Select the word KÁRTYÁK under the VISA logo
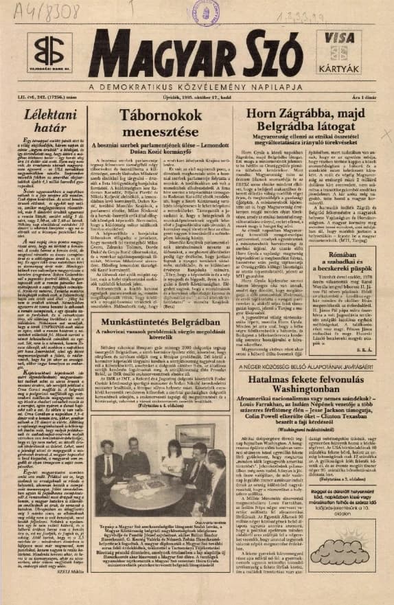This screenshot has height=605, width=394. pos(352,71)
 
